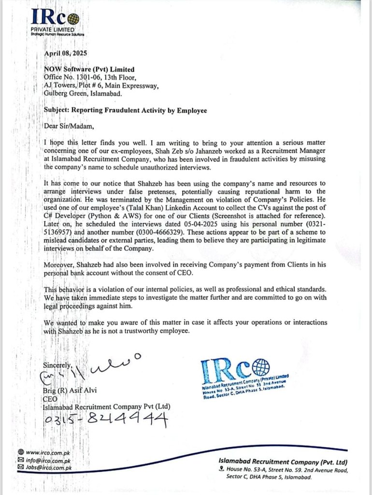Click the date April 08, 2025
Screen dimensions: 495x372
coord(66,54)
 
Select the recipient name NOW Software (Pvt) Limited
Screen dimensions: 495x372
coord(89,70)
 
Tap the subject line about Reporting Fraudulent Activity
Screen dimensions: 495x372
coord(126,111)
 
